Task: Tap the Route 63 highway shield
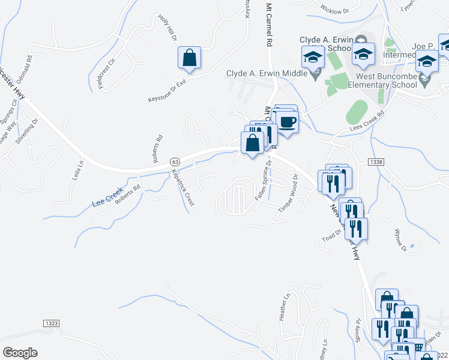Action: (175, 162)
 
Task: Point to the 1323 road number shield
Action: (51, 323)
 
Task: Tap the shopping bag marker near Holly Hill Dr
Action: (189, 58)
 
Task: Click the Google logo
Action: (20, 353)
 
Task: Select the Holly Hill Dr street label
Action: (168, 29)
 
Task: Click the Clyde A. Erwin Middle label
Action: (267, 74)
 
